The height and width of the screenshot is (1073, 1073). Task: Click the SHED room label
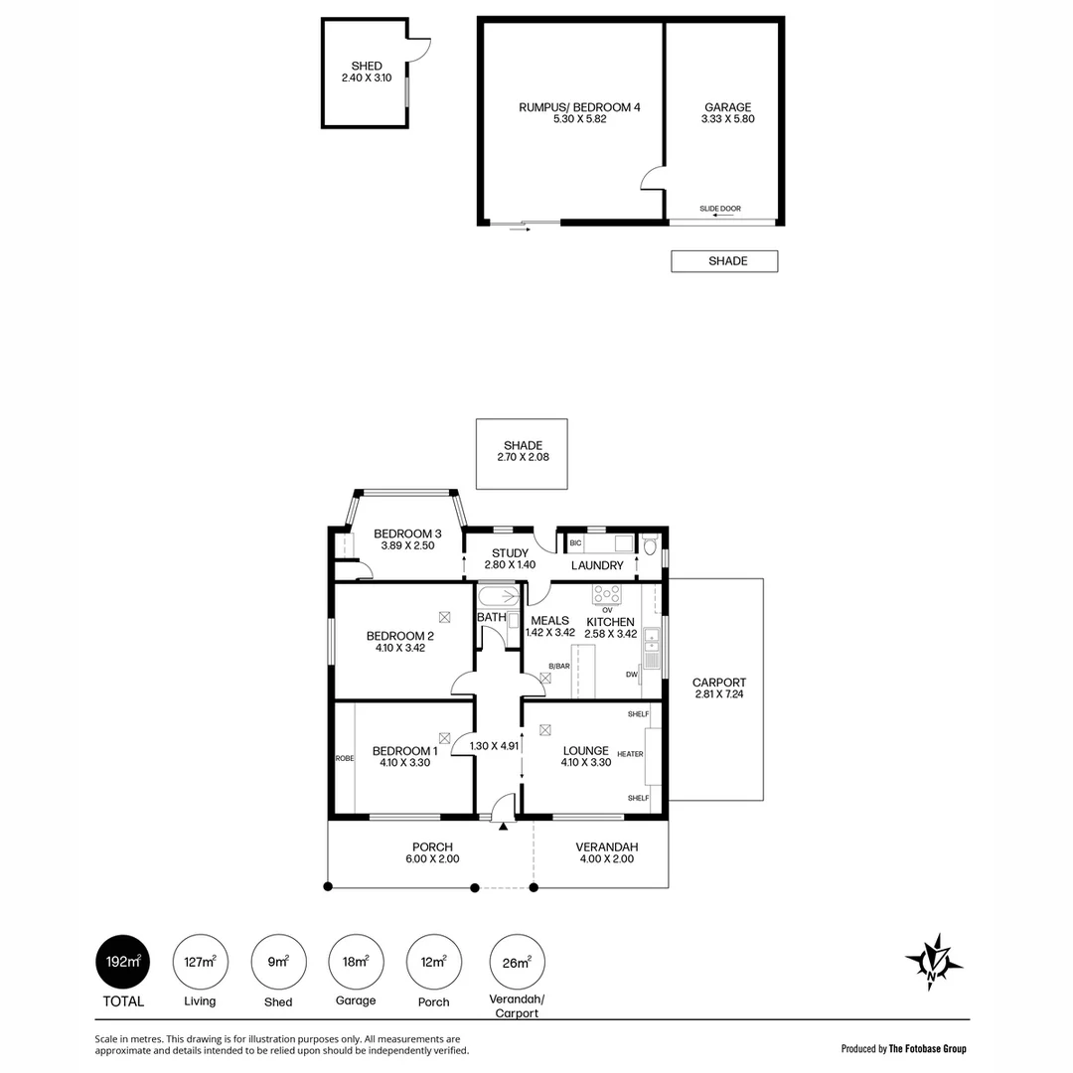366,66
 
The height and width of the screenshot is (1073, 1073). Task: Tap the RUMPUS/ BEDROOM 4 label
579,106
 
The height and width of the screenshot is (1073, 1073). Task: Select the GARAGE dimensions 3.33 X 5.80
727,119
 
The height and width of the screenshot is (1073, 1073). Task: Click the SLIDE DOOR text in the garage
720,209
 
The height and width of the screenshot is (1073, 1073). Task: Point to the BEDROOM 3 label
407,534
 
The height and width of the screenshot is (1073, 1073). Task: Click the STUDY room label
510,553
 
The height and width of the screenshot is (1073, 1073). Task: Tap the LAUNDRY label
597,565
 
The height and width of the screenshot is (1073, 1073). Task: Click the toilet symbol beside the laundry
650,546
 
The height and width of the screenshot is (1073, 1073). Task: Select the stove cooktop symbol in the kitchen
607,594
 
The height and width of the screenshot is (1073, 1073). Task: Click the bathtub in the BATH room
498,596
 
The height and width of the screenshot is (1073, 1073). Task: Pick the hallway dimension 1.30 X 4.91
494,746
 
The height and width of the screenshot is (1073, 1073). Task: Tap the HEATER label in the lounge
630,754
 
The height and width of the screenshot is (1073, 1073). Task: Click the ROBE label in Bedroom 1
345,758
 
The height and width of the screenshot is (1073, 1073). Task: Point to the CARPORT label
718,683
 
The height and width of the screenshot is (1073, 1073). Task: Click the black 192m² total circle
122,962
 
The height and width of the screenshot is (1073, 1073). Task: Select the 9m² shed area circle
278,962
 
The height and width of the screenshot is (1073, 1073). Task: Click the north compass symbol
933,962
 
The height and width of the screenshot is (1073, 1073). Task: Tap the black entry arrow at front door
504,827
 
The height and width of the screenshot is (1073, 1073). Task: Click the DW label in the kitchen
632,674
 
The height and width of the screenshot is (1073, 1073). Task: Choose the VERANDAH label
606,847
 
